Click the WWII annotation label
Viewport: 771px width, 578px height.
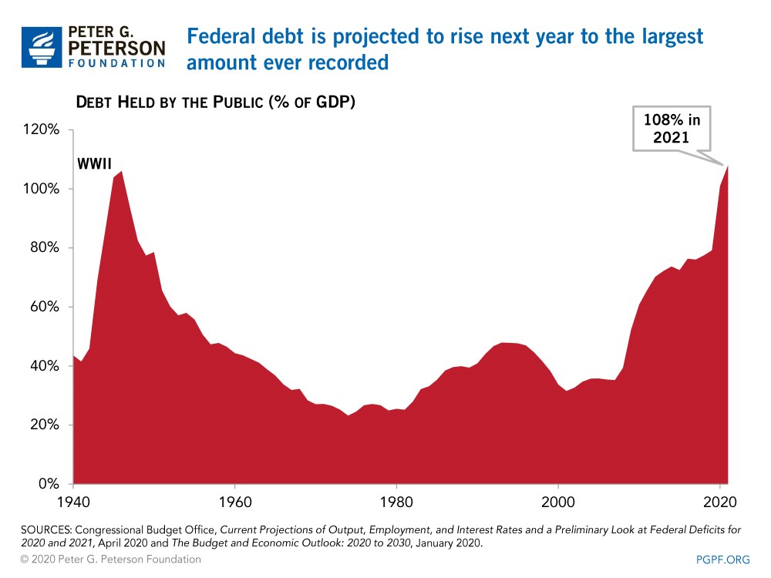[93, 164]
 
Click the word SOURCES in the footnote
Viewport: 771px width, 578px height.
[46, 531]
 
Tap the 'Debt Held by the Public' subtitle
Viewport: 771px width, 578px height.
[214, 102]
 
